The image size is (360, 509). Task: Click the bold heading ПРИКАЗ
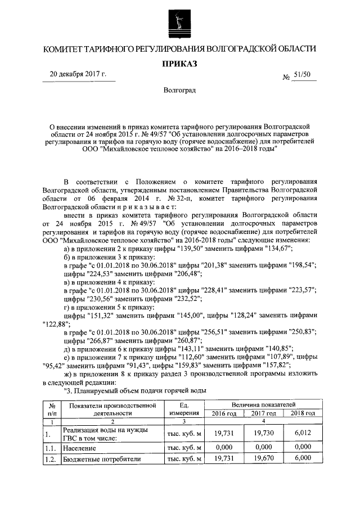coord(179,64)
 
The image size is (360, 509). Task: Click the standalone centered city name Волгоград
coord(179,91)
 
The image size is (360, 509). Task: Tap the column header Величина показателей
coord(260,404)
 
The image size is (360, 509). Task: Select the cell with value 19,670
coord(260,460)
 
